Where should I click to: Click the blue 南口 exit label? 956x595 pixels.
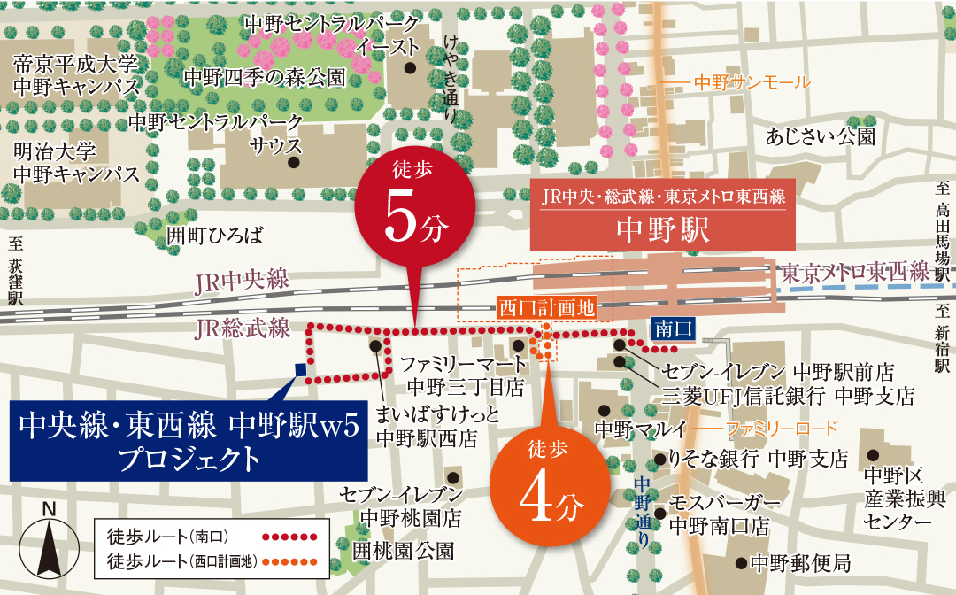tap(673, 329)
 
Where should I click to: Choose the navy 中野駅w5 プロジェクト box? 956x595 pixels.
tap(188, 442)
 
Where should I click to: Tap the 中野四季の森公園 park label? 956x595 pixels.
tap(264, 77)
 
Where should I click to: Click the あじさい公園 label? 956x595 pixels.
tap(821, 136)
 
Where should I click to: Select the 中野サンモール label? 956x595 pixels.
tap(752, 82)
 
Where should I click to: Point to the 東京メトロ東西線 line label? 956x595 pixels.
tap(855, 272)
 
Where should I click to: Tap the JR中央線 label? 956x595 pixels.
tap(243, 281)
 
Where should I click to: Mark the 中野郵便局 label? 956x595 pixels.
tap(800, 562)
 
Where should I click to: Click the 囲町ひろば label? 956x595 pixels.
tap(215, 235)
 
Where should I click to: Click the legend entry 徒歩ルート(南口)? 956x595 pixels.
tap(168, 536)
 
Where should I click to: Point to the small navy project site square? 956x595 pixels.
tap(300, 370)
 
